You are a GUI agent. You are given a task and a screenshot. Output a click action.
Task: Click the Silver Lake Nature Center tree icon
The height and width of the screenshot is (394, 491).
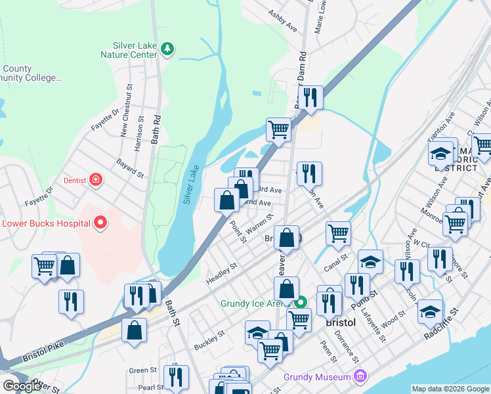(x=168, y=48)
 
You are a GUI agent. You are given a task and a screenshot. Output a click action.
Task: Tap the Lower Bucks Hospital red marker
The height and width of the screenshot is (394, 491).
(x=100, y=223)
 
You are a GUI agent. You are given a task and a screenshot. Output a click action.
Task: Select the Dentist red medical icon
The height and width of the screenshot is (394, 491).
(x=96, y=179)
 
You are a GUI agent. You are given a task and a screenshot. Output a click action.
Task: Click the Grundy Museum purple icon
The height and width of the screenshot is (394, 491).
(x=359, y=376)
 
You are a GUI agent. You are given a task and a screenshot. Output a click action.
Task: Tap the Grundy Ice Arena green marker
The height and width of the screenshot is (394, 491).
(x=301, y=303)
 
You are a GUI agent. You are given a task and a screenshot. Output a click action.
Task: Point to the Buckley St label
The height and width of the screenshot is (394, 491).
(x=209, y=339)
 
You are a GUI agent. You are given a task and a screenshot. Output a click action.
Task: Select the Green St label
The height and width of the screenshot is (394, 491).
(x=141, y=370)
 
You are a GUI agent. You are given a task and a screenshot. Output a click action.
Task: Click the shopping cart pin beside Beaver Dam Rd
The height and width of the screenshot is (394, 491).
(x=279, y=129)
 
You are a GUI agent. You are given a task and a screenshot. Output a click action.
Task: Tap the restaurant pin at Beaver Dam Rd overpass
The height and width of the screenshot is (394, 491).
(x=311, y=97)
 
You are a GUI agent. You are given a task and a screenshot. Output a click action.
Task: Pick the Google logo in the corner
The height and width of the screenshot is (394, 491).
(x=22, y=385)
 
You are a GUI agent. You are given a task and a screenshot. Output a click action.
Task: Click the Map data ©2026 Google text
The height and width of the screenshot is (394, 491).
(x=450, y=389)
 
